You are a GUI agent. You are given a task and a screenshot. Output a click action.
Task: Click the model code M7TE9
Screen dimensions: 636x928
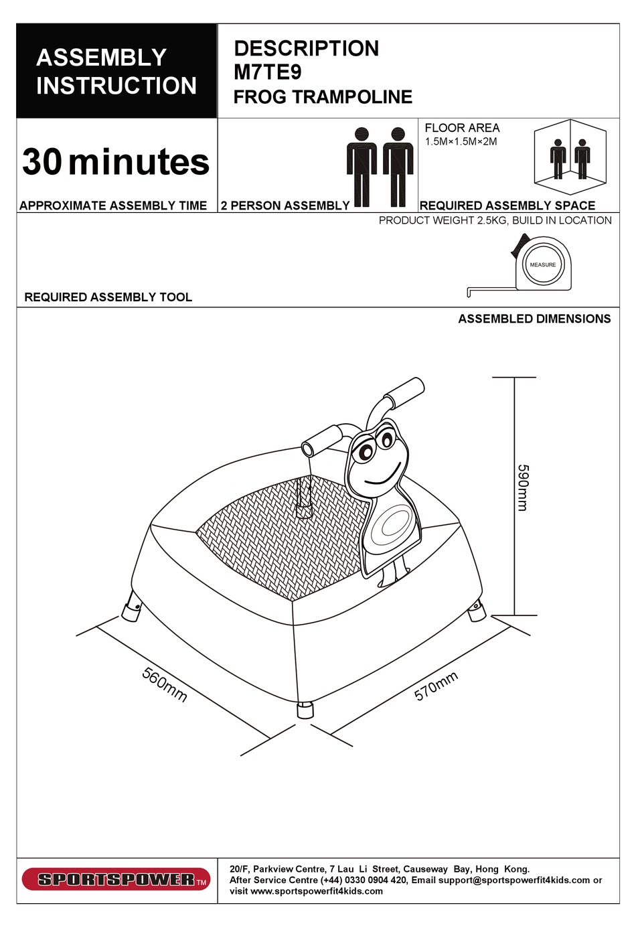click(x=268, y=72)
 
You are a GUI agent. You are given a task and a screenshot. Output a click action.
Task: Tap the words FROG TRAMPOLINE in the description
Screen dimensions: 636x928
click(x=323, y=97)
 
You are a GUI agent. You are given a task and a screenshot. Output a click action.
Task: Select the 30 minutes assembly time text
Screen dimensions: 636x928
click(x=116, y=162)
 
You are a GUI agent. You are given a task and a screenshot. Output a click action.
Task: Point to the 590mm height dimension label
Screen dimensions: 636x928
click(x=524, y=488)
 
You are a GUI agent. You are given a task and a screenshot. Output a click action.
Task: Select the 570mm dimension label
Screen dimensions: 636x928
click(x=436, y=686)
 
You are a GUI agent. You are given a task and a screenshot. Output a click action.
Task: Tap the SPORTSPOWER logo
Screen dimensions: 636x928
click(x=116, y=880)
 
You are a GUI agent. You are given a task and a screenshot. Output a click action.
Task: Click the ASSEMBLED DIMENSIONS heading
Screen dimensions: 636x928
click(x=534, y=319)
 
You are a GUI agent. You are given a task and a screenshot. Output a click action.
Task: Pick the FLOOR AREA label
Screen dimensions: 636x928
click(x=463, y=128)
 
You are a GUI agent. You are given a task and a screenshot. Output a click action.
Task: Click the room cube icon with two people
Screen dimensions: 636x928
click(x=570, y=157)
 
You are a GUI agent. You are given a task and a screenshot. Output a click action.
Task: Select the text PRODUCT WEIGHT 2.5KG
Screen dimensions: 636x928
click(x=443, y=220)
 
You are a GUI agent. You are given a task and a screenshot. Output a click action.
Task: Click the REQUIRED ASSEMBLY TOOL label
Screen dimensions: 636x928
click(x=108, y=297)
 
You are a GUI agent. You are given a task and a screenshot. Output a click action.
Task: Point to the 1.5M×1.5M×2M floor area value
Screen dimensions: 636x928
click(x=461, y=142)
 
